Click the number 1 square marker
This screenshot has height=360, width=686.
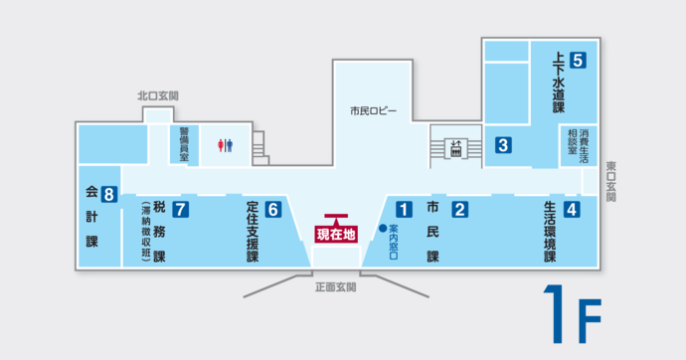[x=404, y=209]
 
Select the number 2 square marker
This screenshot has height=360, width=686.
[x=460, y=209]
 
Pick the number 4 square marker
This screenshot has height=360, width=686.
[x=572, y=209]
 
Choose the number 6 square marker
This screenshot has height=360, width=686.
[x=273, y=209]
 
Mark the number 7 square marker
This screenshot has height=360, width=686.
[x=180, y=209]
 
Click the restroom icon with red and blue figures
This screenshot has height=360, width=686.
[x=226, y=145]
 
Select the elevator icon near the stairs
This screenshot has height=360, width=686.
[x=455, y=148]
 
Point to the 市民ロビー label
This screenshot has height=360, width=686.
[x=373, y=109]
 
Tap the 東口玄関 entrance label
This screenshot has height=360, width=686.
[x=610, y=183]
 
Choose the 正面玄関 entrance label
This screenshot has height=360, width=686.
[x=335, y=286]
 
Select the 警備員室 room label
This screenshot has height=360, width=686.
[x=184, y=143]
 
